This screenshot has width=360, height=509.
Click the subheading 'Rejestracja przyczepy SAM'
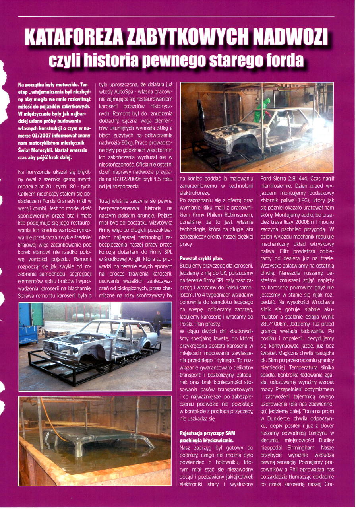pyautogui.click(x=207, y=433)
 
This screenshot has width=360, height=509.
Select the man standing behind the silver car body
pyautogui.click(x=158, y=322)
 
